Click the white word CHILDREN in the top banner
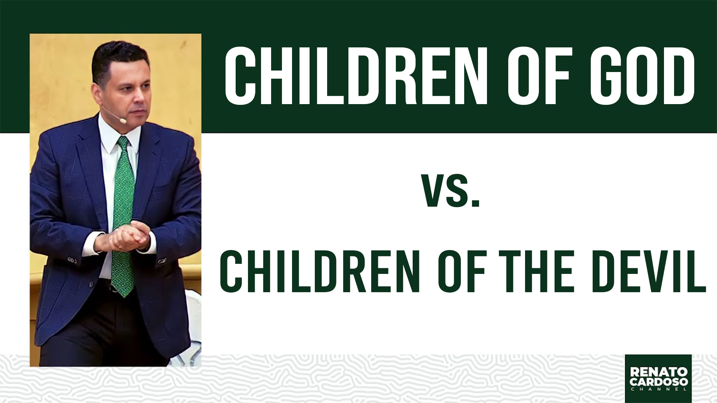(x=356, y=76)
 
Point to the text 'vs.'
(x=450, y=190)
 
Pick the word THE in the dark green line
(x=536, y=271)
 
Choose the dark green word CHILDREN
(x=320, y=271)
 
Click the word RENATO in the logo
(x=659, y=372)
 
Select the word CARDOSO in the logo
(x=659, y=381)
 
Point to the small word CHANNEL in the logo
(x=659, y=389)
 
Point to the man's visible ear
(x=97, y=94)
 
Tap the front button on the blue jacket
(x=91, y=284)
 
